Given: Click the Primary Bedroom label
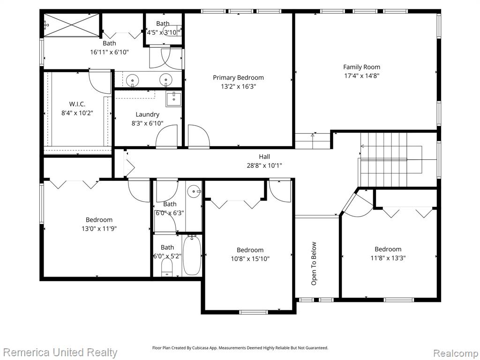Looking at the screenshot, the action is click(x=238, y=78).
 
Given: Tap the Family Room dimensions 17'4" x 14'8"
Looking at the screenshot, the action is click(x=361, y=75).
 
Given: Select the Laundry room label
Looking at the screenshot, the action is click(x=147, y=114).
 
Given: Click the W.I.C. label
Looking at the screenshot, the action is click(x=77, y=104).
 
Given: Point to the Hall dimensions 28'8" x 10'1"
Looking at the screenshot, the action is click(x=264, y=165).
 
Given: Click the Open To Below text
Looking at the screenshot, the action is click(x=314, y=263).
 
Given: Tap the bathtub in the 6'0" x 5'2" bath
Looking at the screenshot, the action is click(x=192, y=255).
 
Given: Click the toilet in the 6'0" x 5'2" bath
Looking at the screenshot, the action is click(x=167, y=267).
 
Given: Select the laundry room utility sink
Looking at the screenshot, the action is click(x=173, y=99).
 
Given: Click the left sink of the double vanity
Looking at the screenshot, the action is click(x=132, y=80).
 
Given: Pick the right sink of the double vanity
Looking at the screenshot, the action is click(x=165, y=80).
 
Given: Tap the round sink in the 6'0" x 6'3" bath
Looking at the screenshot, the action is click(x=194, y=192).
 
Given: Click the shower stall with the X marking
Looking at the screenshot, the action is click(x=71, y=25).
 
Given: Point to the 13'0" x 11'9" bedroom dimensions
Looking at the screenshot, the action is click(x=99, y=228).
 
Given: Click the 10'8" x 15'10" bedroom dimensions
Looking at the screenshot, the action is click(x=250, y=259).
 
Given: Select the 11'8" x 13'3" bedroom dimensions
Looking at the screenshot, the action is click(x=388, y=258).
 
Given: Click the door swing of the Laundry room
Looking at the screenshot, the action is click(x=167, y=136).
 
